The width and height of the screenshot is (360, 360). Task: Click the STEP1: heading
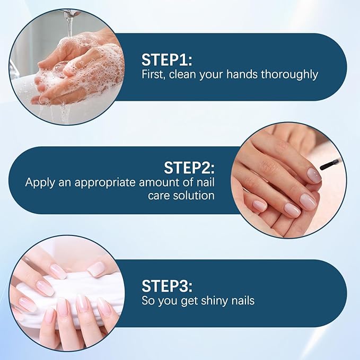(x=167, y=58)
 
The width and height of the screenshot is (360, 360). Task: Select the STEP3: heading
(x=166, y=285)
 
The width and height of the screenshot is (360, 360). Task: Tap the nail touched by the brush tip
(x=313, y=174)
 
